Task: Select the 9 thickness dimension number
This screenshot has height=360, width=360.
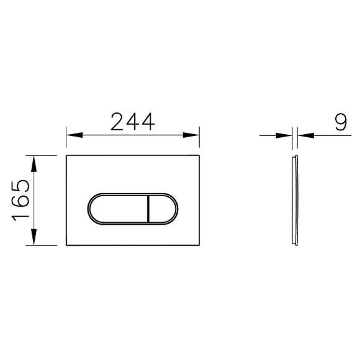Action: point(340,121)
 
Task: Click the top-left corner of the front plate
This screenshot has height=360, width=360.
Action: point(67,154)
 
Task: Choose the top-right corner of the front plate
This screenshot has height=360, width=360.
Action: point(199,154)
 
